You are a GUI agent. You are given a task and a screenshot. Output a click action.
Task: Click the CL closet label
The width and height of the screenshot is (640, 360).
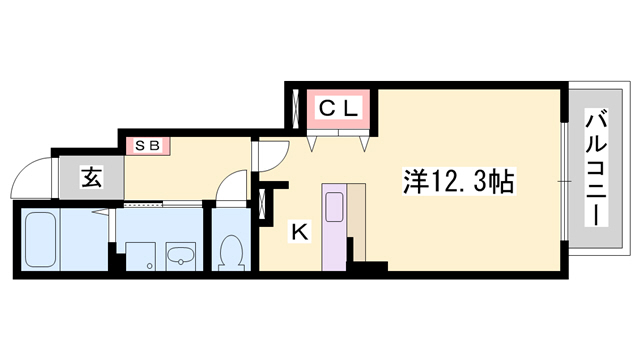338,108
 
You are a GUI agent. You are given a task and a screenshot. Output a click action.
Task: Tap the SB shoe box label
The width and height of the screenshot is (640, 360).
147,145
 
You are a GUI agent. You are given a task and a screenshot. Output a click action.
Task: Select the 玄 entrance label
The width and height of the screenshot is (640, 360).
92,178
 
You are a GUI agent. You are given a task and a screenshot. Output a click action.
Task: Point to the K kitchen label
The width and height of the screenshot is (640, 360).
300,232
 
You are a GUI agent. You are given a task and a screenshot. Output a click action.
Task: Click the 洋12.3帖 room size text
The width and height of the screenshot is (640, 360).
459,181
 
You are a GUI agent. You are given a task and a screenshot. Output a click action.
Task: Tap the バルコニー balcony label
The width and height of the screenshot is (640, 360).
596,167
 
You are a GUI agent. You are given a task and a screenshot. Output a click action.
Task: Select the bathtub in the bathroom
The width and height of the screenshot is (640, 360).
40,240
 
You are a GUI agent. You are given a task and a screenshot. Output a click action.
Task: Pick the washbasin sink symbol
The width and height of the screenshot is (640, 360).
181,257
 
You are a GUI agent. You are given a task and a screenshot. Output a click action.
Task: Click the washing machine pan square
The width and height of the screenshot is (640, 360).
140,256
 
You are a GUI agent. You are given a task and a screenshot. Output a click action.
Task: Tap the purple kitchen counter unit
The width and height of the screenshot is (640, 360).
334,227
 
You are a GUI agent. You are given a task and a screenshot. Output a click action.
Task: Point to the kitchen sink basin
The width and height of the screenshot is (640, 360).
334,207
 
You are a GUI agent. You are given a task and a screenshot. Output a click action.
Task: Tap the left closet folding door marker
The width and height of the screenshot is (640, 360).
312,144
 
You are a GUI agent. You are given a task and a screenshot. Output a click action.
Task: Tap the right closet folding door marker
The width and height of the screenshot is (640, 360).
364,144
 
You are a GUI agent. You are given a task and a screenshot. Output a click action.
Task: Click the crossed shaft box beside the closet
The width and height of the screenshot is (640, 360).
296,108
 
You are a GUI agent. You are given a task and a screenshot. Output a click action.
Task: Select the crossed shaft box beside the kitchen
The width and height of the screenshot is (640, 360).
262,203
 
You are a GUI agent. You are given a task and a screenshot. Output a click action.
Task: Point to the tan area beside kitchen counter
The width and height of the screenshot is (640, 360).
357,220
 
